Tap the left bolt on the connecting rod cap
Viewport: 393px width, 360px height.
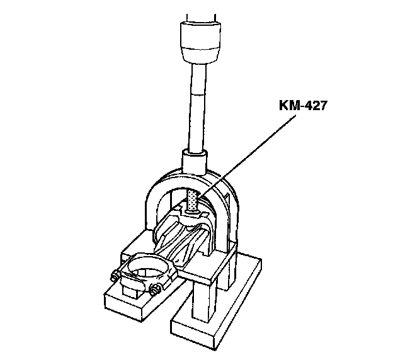point(114,275)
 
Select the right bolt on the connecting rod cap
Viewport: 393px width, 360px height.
point(154,290)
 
